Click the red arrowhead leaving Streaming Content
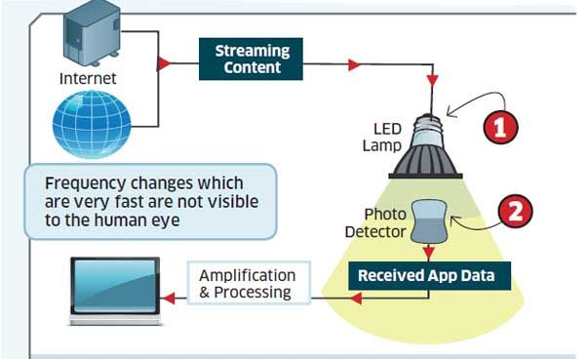click(355, 64)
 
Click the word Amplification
click(248, 275)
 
